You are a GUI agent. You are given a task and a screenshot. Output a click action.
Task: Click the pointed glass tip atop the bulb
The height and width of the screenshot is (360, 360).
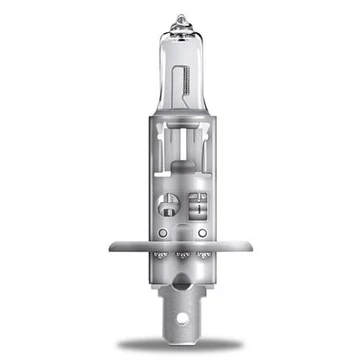click(181, 19)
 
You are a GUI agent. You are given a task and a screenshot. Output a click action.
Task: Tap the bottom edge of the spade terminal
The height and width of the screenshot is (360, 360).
click(181, 338)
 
